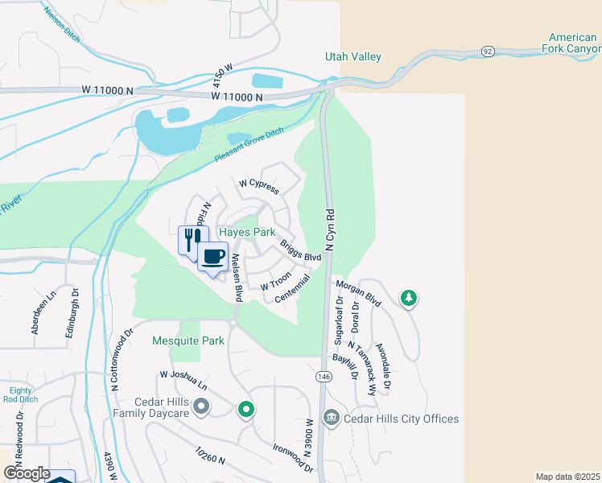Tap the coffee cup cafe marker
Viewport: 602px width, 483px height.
click(x=212, y=257)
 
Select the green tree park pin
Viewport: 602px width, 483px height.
click(x=409, y=299)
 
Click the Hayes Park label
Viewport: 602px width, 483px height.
click(x=248, y=233)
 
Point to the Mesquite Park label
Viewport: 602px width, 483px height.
click(x=188, y=341)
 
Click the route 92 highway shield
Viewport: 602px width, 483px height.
click(x=487, y=50)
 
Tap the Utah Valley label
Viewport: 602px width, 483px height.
click(x=353, y=57)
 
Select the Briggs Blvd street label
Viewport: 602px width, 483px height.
click(x=300, y=250)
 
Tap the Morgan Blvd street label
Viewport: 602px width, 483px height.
click(x=358, y=292)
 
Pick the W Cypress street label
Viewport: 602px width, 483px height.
click(x=258, y=187)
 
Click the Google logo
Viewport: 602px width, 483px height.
click(x=27, y=473)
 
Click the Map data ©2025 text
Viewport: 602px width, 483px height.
click(x=567, y=477)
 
